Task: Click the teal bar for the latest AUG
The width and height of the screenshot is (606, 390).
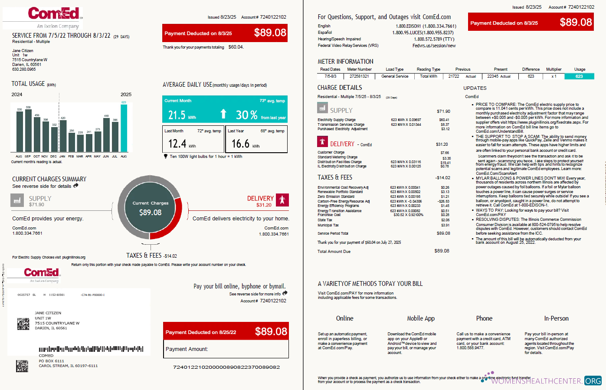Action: coord(124,128)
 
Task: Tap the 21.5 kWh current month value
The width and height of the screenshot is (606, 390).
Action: coord(177,115)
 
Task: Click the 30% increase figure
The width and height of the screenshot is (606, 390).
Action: coord(246,115)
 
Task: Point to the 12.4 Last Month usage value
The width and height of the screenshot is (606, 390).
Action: coord(177,144)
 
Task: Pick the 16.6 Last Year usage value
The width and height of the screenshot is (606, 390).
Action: coord(240,144)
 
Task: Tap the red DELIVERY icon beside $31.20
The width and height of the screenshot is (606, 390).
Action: coord(282,200)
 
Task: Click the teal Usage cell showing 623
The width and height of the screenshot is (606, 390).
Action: coord(579,76)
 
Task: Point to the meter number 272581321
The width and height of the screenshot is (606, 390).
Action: coord(359,76)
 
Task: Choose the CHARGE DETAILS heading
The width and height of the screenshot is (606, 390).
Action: coord(339,88)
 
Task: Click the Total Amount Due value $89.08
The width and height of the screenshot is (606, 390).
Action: coord(442,251)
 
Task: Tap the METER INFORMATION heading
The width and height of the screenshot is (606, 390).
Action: coord(345,62)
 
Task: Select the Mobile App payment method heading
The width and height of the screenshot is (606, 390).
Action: coord(420,318)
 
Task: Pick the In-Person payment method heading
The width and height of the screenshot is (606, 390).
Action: coord(556,318)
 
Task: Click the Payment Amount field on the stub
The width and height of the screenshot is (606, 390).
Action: coord(226,349)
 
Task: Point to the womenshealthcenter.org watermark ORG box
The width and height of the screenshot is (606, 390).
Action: coord(593,381)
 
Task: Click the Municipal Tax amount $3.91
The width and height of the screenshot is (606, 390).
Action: coord(445,225)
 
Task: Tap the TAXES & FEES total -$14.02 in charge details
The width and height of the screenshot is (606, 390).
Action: coord(443,178)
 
